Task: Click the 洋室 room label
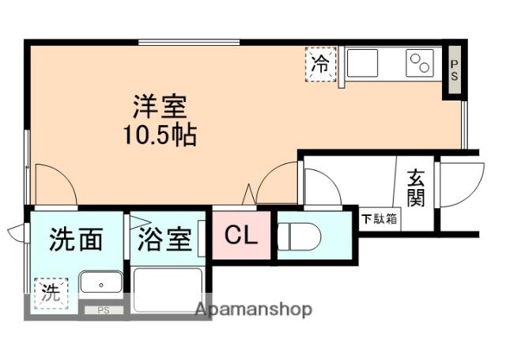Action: pos(160,107)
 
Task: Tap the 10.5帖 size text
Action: pos(160,135)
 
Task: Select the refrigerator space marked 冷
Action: pos(321,64)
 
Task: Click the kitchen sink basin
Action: pos(362,63)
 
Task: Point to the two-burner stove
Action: pos(420,63)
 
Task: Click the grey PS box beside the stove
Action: pos(455,70)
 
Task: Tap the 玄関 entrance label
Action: pos(415,188)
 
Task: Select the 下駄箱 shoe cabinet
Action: pos(379,219)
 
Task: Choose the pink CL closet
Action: pos(241,235)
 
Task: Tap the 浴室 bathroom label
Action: pos(164,240)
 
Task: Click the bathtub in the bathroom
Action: pos(168,290)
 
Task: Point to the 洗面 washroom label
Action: pos(76,239)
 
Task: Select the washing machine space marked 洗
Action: pos(51,294)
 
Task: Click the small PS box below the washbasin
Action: pos(104,310)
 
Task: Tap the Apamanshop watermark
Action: pos(254,309)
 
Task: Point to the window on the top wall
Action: pos(189,42)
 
